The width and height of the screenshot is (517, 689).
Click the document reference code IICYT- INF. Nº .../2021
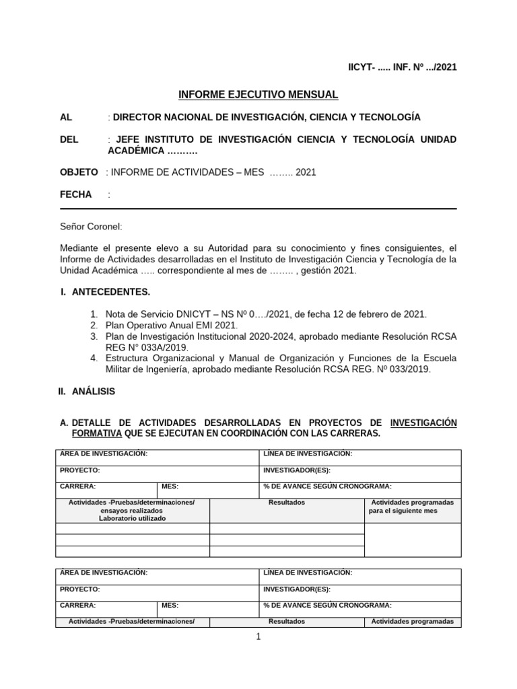[402, 68]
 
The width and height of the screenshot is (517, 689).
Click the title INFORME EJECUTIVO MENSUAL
[258, 95]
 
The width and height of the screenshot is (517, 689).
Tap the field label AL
[66, 117]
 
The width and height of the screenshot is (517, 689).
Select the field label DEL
[69, 139]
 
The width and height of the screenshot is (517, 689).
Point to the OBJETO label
[79, 172]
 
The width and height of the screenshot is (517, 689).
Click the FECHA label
[75, 194]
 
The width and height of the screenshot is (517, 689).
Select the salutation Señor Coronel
[91, 227]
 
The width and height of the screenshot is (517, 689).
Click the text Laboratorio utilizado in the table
[132, 518]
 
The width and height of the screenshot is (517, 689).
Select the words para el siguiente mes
[403, 511]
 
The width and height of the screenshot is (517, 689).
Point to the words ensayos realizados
[132, 511]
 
